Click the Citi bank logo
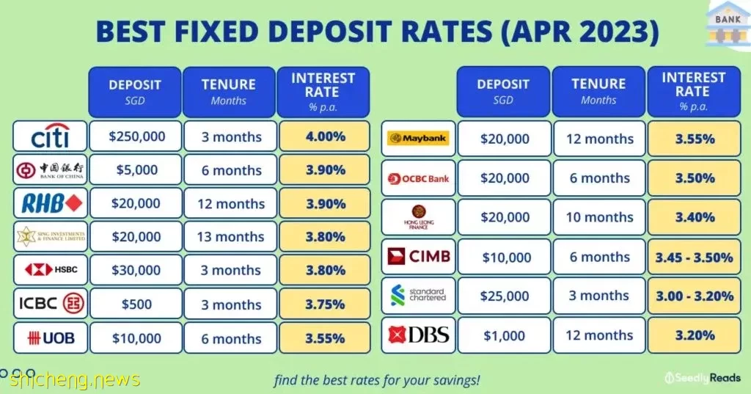(x=51, y=136)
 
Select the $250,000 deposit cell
(x=136, y=136)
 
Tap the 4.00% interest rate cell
(x=324, y=136)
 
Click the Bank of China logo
(x=51, y=169)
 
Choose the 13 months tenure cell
(x=230, y=236)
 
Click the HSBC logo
(x=51, y=270)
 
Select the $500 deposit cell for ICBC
(x=136, y=304)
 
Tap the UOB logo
(x=51, y=338)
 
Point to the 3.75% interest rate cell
(x=324, y=304)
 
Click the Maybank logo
(x=418, y=139)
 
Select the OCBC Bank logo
(x=418, y=179)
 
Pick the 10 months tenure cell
(x=599, y=217)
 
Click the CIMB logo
(x=419, y=257)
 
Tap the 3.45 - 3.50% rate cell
(x=694, y=257)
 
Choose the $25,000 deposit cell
(x=505, y=296)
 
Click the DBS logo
(x=419, y=335)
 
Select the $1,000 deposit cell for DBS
(x=505, y=335)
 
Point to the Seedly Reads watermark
(x=703, y=378)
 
